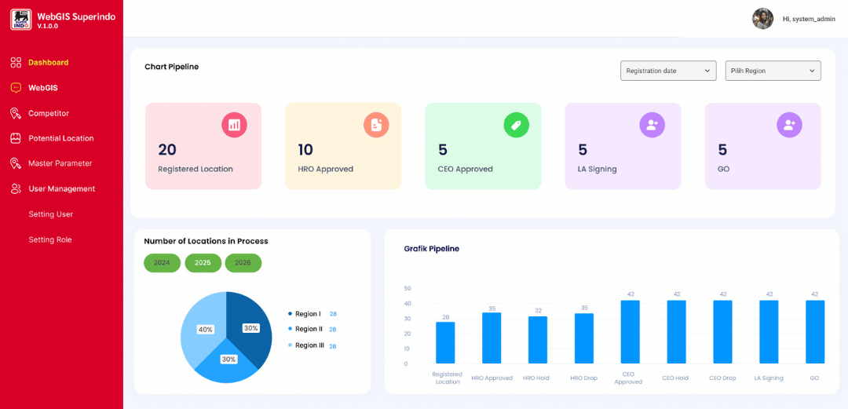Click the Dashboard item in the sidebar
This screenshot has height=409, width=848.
click(48, 62)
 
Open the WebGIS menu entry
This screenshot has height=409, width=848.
click(42, 88)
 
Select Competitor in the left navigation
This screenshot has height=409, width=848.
click(48, 113)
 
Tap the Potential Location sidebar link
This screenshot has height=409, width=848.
click(60, 138)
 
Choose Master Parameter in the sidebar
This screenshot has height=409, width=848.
click(60, 163)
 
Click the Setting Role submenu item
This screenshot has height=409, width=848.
click(50, 239)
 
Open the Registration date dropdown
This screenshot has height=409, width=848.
click(668, 71)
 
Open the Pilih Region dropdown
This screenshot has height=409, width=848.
click(773, 71)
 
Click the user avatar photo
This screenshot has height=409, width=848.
click(762, 19)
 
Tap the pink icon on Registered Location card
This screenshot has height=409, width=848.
click(234, 125)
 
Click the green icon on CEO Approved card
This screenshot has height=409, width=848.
click(516, 125)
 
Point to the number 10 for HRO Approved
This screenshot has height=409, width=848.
click(305, 150)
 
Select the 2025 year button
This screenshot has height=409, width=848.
click(203, 263)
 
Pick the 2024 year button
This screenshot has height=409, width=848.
click(162, 263)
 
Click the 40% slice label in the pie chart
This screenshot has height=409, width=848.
click(205, 330)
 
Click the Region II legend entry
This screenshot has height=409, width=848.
click(308, 329)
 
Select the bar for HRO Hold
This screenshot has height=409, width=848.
click(537, 340)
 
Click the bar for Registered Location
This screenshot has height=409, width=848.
click(445, 343)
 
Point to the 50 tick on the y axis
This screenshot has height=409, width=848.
click(407, 289)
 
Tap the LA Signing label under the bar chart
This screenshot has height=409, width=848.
click(769, 378)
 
